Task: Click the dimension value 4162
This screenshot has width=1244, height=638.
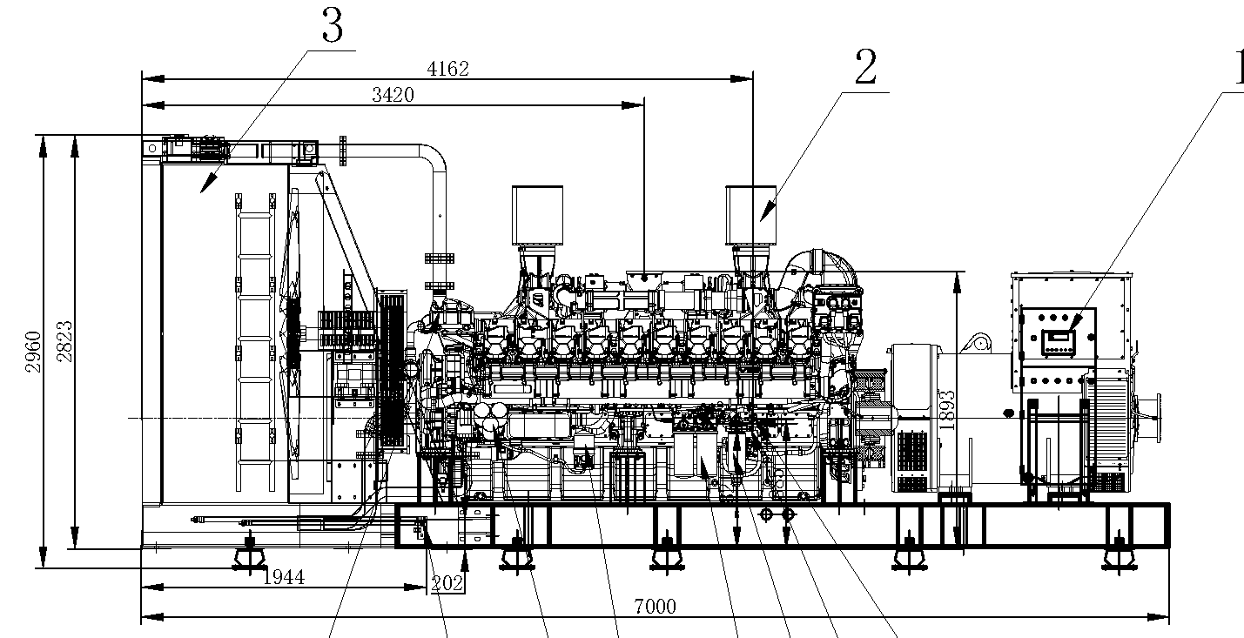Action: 448,70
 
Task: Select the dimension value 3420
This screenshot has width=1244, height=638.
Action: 393,96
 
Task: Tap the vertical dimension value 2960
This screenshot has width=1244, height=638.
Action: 33,352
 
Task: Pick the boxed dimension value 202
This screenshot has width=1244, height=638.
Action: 447,583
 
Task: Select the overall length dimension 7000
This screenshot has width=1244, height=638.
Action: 656,607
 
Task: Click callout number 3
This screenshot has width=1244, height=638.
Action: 332,26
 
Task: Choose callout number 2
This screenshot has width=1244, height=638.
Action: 864,68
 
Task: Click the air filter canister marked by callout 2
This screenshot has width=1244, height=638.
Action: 752,214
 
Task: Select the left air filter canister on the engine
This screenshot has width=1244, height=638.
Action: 538,214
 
